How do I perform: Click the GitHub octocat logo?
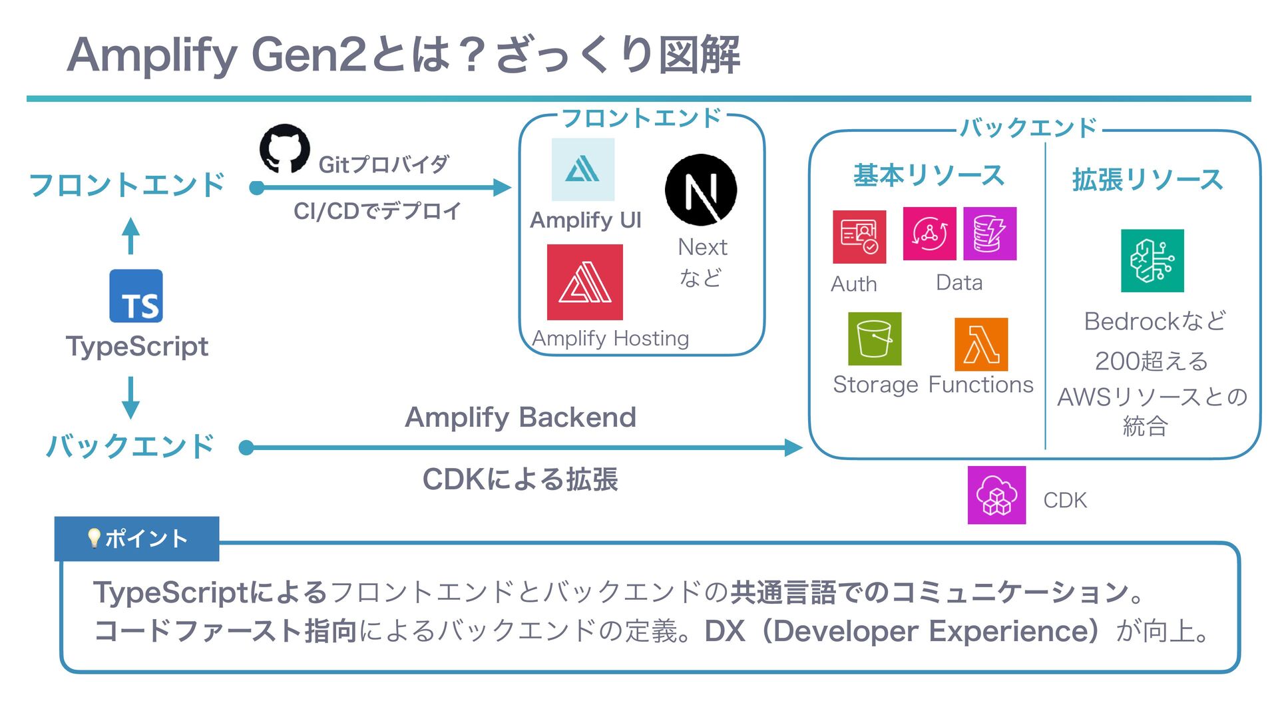285,148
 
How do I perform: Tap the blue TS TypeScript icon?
136,296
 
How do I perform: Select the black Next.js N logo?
701,190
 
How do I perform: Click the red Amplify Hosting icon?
585,282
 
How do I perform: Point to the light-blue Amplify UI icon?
583,170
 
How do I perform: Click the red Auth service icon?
859,237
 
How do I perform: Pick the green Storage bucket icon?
875,339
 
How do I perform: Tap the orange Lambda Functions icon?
981,344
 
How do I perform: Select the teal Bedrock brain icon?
1152,261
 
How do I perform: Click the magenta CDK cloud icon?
996,495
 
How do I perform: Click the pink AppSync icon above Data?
929,234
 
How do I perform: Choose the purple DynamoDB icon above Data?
990,234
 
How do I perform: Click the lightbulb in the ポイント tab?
94,538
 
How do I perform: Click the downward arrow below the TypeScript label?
131,397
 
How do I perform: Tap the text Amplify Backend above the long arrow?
521,417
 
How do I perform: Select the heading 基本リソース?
929,176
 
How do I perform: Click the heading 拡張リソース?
1148,180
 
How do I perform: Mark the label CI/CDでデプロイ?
377,212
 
